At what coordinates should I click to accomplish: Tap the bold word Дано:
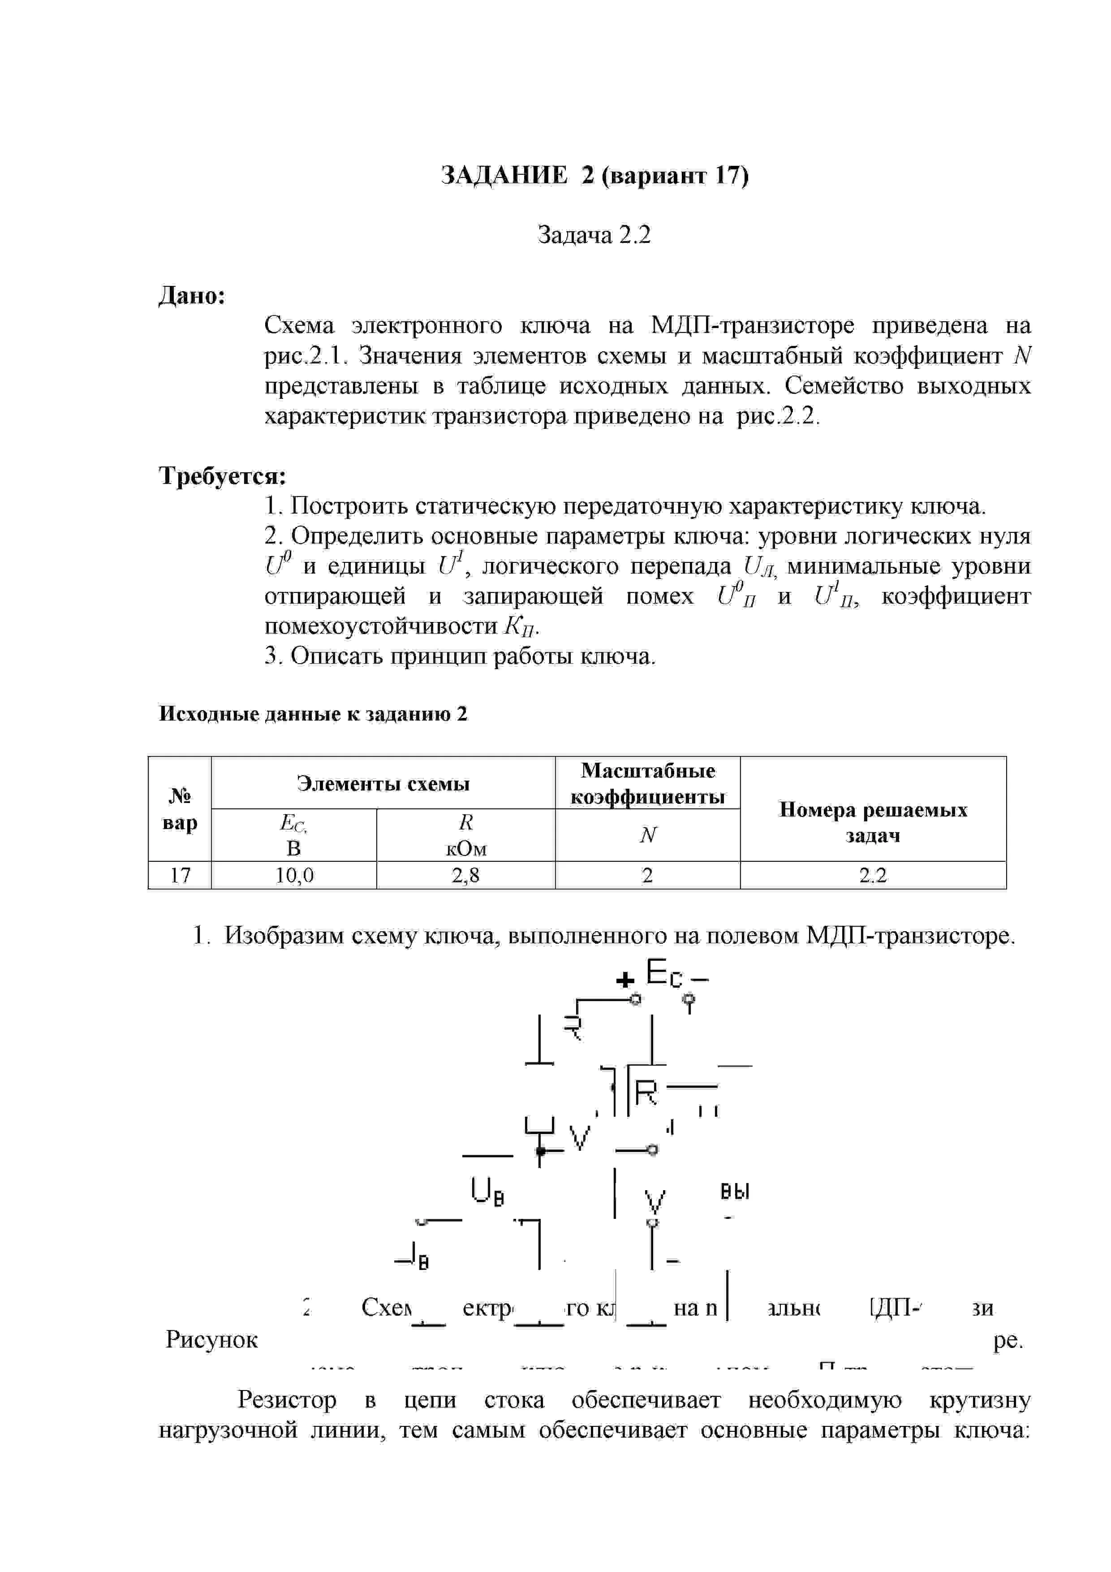tap(192, 296)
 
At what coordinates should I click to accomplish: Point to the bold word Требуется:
tap(223, 475)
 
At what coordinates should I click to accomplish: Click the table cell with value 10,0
tap(294, 875)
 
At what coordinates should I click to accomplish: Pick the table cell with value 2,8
tap(465, 875)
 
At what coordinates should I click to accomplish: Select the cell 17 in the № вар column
tap(180, 875)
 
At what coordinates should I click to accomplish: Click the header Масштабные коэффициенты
tap(648, 783)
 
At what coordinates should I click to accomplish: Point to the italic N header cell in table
tap(648, 835)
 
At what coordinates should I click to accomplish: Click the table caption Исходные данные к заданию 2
tap(313, 714)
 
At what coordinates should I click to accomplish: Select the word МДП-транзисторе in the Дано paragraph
tap(752, 325)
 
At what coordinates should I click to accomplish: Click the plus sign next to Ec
tap(624, 981)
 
